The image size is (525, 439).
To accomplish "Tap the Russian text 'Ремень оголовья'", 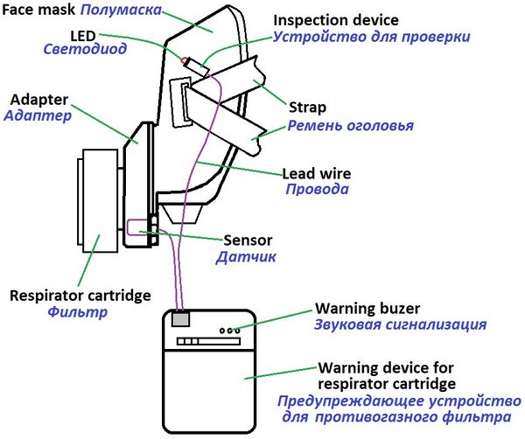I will tap(350, 126).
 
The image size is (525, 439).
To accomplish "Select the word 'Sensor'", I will tap(249, 240).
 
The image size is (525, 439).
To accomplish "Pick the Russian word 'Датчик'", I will tap(247, 257).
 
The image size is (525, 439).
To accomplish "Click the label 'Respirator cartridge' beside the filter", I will tap(80, 295).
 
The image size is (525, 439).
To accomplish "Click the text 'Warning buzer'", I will tap(367, 309).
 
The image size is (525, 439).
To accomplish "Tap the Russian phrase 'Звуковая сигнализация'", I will tap(400, 325).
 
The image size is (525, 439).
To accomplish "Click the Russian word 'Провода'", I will tap(318, 189).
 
